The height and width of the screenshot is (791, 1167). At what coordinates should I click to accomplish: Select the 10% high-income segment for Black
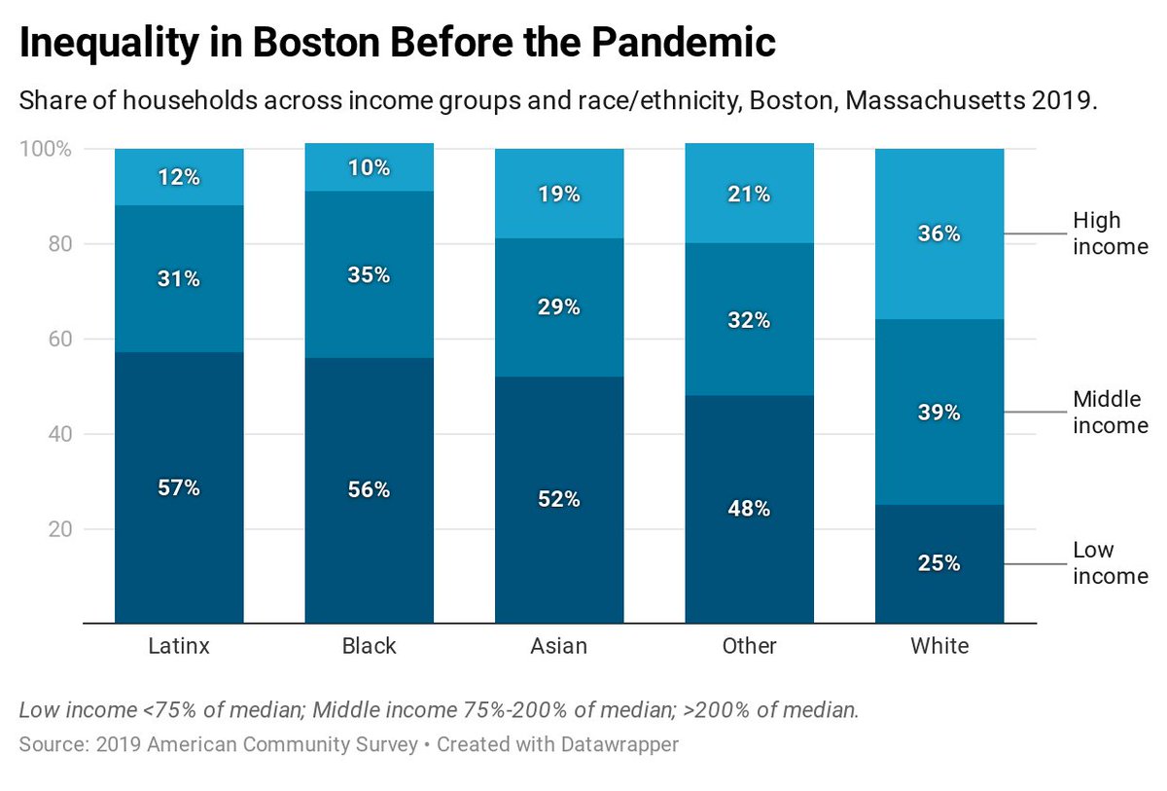369,167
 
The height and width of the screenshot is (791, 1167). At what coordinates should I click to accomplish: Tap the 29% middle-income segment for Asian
559,307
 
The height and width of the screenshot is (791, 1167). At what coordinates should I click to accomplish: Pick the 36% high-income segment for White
939,234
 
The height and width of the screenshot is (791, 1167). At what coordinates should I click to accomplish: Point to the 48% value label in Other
750,508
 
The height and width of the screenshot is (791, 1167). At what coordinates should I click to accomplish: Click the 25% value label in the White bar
939,563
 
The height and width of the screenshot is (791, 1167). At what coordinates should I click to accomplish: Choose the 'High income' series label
1110,234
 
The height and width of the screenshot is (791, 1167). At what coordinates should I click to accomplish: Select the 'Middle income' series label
1110,413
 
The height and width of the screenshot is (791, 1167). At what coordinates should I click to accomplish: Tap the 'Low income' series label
1110,563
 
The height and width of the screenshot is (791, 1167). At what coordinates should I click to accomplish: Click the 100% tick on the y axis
46,149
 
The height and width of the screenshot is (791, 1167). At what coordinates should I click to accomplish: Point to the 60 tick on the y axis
60,339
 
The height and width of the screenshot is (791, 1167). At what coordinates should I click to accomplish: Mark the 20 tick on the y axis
60,529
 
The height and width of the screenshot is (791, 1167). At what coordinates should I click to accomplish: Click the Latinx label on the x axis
179,646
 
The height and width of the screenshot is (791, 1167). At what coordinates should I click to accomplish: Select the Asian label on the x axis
559,646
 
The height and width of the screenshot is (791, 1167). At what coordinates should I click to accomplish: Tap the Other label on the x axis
750,646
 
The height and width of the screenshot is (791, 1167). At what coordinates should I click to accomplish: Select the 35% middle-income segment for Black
369,274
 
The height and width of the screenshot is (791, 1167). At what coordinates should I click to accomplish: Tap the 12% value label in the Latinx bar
179,177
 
